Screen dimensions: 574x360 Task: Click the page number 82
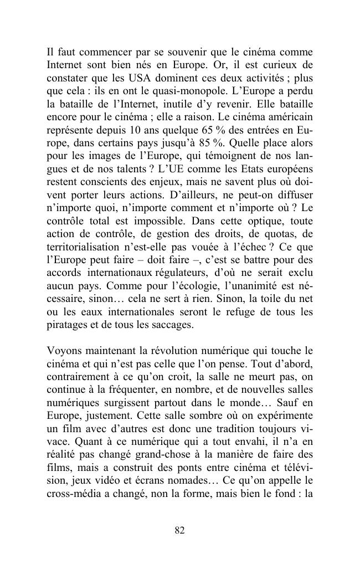click(x=179, y=530)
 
